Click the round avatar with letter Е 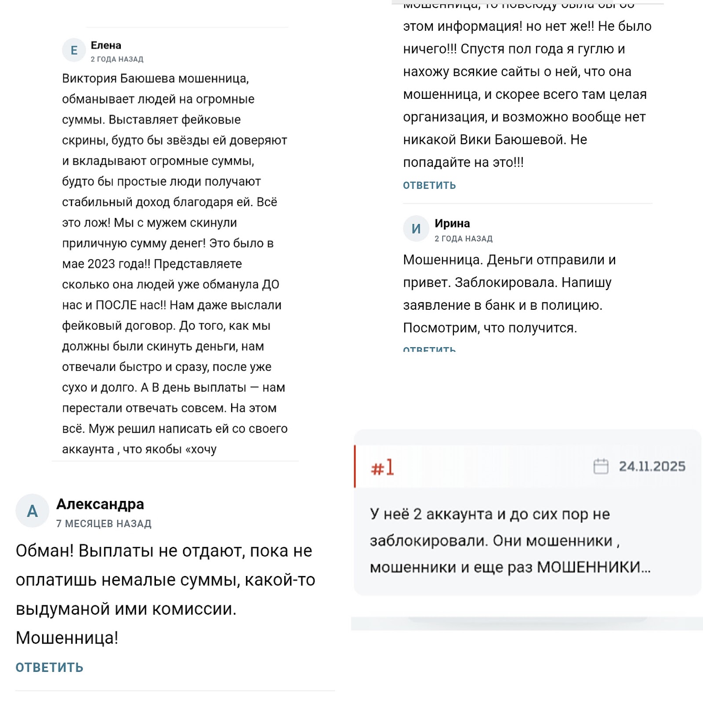click(x=74, y=51)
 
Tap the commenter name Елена click(x=106, y=45)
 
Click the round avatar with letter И click(x=416, y=228)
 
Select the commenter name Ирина click(x=452, y=223)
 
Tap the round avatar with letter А click(x=32, y=511)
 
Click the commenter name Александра click(x=100, y=504)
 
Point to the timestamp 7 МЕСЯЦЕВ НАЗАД click(x=104, y=523)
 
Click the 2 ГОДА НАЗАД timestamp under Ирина click(x=464, y=239)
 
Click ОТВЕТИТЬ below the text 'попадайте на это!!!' click(x=429, y=185)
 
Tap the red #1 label click(x=382, y=467)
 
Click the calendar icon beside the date click(x=601, y=466)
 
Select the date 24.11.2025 click(x=652, y=466)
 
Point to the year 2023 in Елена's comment click(x=101, y=264)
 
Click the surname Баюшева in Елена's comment click(x=148, y=78)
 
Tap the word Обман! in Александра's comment click(x=45, y=551)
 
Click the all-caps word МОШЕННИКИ click(x=589, y=567)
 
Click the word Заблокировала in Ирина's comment click(x=506, y=282)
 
